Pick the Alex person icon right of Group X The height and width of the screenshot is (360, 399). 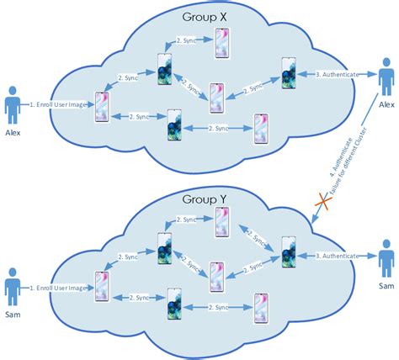[x=387, y=82]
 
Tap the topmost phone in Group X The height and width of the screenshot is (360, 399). [x=222, y=42]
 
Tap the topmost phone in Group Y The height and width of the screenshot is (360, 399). [x=222, y=224]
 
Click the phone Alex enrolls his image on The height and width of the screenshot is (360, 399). [x=104, y=107]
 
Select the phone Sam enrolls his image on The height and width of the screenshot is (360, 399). [x=104, y=287]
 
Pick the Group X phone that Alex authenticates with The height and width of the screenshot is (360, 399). [x=288, y=74]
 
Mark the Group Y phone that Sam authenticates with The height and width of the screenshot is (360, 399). [x=288, y=254]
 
